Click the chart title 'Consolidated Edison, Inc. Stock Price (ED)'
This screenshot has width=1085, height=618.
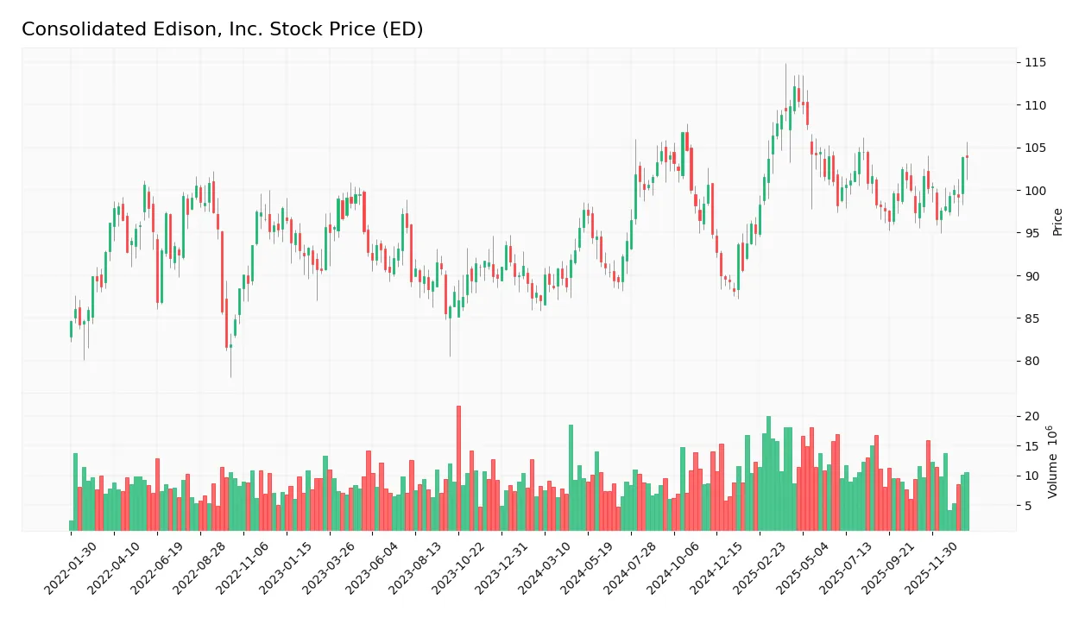222,29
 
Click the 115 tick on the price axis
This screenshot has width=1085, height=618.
1035,63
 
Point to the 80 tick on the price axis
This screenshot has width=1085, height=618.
1031,362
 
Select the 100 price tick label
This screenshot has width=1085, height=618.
1035,191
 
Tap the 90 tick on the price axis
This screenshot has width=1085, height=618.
1031,276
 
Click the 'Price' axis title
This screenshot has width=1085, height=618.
1057,222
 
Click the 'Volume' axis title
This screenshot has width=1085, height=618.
1053,462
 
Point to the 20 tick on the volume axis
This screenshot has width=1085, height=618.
1031,417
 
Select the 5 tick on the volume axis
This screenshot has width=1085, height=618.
1029,507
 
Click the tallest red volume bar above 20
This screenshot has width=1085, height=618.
458,468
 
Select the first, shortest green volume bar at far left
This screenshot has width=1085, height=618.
72,526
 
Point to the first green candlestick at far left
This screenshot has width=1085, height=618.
72,329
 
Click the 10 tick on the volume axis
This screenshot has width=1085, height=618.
1031,476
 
